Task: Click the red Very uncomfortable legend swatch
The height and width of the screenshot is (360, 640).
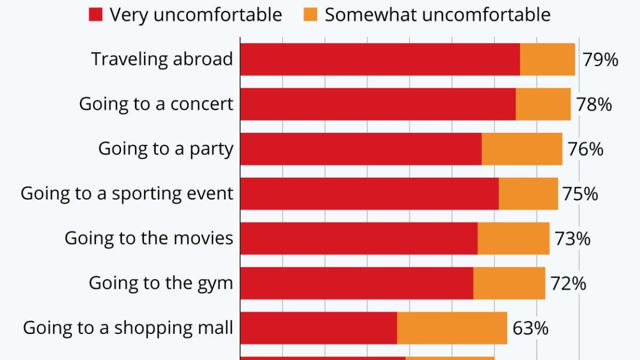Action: pyautogui.click(x=96, y=15)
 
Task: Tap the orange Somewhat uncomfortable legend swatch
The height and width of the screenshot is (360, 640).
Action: pyautogui.click(x=311, y=15)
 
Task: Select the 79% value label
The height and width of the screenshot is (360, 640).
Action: pyautogui.click(x=600, y=59)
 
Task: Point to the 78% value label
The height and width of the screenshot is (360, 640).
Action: pyautogui.click(x=594, y=104)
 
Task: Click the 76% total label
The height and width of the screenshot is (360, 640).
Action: pyautogui.click(x=586, y=149)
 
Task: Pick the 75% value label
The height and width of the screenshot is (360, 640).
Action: pyautogui.click(x=580, y=194)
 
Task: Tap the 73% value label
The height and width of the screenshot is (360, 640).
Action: pyautogui.click(x=572, y=239)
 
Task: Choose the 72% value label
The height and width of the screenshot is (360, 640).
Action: pyautogui.click(x=568, y=283)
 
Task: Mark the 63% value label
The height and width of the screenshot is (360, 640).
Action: pyautogui.click(x=530, y=328)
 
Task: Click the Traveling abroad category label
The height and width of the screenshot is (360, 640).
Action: pyautogui.click(x=162, y=59)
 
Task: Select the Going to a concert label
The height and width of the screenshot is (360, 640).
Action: pyautogui.click(x=156, y=104)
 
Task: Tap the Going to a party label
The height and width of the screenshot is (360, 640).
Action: pyautogui.click(x=166, y=149)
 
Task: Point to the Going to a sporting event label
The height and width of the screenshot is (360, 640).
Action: pyautogui.click(x=127, y=194)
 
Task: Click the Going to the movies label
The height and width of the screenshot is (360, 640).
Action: pyautogui.click(x=149, y=238)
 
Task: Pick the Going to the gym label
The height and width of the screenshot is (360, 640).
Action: pyautogui.click(x=161, y=283)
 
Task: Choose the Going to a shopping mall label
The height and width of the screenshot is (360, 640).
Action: pyautogui.click(x=128, y=328)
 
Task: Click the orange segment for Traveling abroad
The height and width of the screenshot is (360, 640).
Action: pyautogui.click(x=547, y=59)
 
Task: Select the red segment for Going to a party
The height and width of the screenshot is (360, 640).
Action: pyautogui.click(x=361, y=149)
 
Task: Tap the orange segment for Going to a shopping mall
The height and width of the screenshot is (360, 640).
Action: pyautogui.click(x=452, y=328)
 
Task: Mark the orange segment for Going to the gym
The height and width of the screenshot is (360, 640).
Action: pyautogui.click(x=509, y=283)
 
